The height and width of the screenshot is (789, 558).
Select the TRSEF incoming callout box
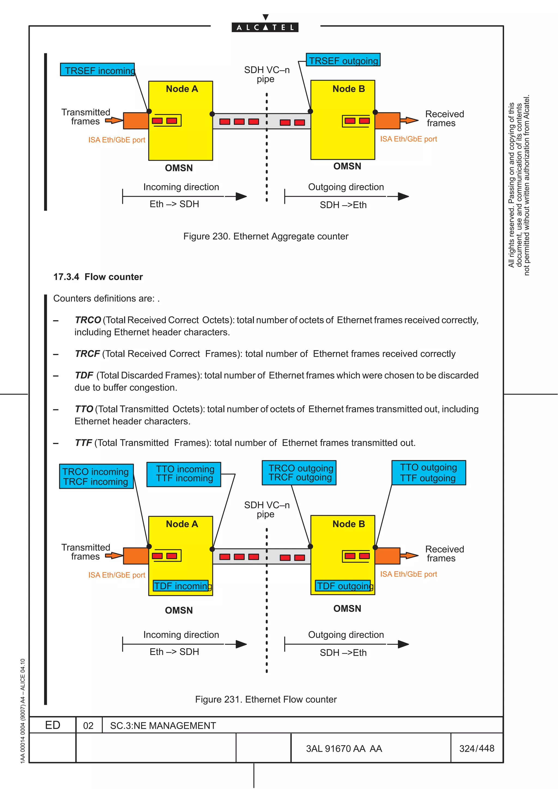pyautogui.click(x=97, y=70)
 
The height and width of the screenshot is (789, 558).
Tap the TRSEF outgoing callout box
pyautogui.click(x=343, y=60)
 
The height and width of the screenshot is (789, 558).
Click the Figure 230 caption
pyautogui.click(x=265, y=236)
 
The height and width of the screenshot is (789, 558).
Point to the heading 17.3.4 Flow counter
pyautogui.click(x=98, y=277)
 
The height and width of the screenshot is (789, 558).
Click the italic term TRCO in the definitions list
pyautogui.click(x=88, y=320)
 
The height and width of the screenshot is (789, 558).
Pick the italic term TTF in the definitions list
pyautogui.click(x=84, y=443)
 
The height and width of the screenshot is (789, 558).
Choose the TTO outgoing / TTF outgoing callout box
pyautogui.click(x=428, y=473)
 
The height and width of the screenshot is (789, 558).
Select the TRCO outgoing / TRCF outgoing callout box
pyautogui.click(x=299, y=473)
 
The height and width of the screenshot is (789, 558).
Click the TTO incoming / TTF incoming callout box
pyautogui.click(x=184, y=474)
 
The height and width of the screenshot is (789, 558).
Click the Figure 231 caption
pyautogui.click(x=266, y=699)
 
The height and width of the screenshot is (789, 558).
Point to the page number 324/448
pyautogui.click(x=477, y=748)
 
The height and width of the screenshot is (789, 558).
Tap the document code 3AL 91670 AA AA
pyautogui.click(x=344, y=749)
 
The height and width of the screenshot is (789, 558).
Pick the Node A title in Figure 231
pyautogui.click(x=182, y=524)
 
